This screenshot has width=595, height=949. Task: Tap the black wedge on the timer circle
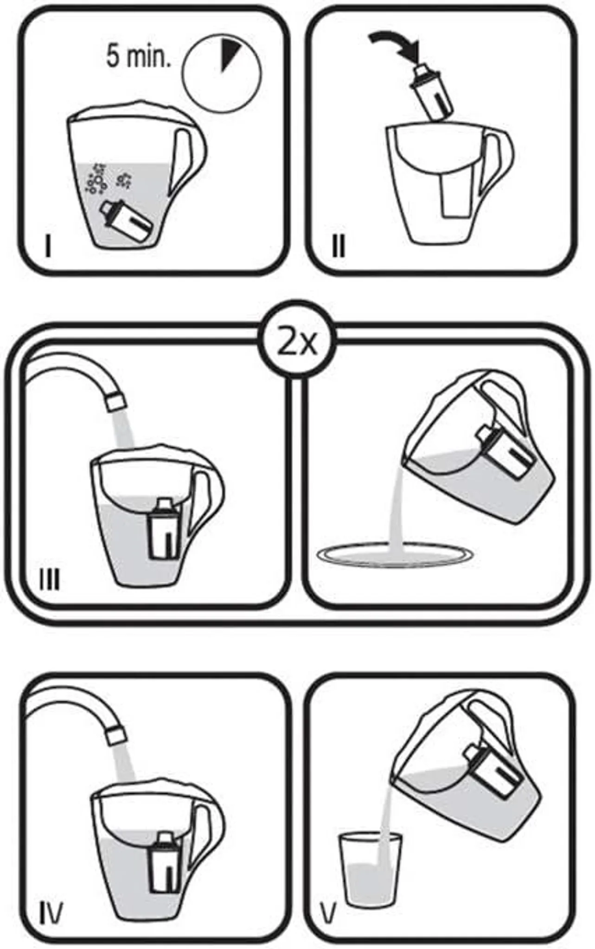tap(229, 52)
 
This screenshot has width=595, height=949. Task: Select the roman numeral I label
tap(48, 246)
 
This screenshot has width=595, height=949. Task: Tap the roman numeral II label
tap(339, 246)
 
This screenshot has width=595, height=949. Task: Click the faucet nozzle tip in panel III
tap(115, 401)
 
